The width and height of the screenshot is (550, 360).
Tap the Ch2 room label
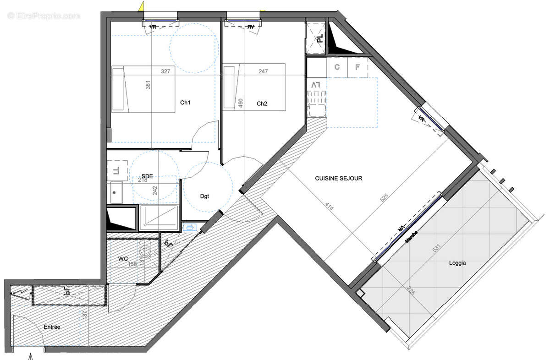pos(262,104)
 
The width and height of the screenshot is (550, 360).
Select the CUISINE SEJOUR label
pos(338,178)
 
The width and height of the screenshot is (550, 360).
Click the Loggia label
pos(457,263)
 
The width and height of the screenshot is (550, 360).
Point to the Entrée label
pos(52,327)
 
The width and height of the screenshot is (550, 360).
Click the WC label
pos(123,259)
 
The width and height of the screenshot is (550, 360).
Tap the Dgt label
pos(204,196)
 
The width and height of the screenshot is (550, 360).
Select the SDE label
pos(148,176)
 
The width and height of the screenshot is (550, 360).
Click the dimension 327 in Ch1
pos(166,71)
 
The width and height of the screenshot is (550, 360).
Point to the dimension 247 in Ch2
pos(264,71)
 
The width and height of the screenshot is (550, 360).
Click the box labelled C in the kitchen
pos(337,67)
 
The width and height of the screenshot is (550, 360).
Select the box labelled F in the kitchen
pos(358,67)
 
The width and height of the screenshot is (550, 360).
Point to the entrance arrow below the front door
pos(31,355)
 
